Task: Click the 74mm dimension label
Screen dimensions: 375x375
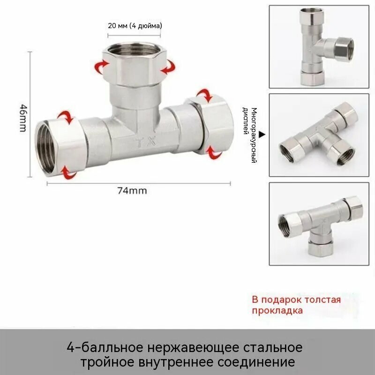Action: pos(132,191)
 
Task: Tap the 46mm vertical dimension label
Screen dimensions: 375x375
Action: pos(23,118)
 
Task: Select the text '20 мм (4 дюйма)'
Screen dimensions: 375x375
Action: pos(135,26)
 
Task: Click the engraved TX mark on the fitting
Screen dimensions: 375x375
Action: pos(146,142)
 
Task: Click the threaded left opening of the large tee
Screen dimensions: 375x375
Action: pos(46,149)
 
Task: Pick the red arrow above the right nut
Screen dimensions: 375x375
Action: pos(205,95)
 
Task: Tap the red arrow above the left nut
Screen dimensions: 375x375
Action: pos(65,117)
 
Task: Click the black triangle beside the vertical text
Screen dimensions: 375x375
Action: pos(262,135)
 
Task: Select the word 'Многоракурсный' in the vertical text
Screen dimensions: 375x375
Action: pos(254,135)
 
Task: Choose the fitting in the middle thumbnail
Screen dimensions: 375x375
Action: pos(319,135)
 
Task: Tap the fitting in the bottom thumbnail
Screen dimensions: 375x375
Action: pos(321,226)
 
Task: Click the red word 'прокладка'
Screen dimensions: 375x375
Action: pos(277,311)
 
